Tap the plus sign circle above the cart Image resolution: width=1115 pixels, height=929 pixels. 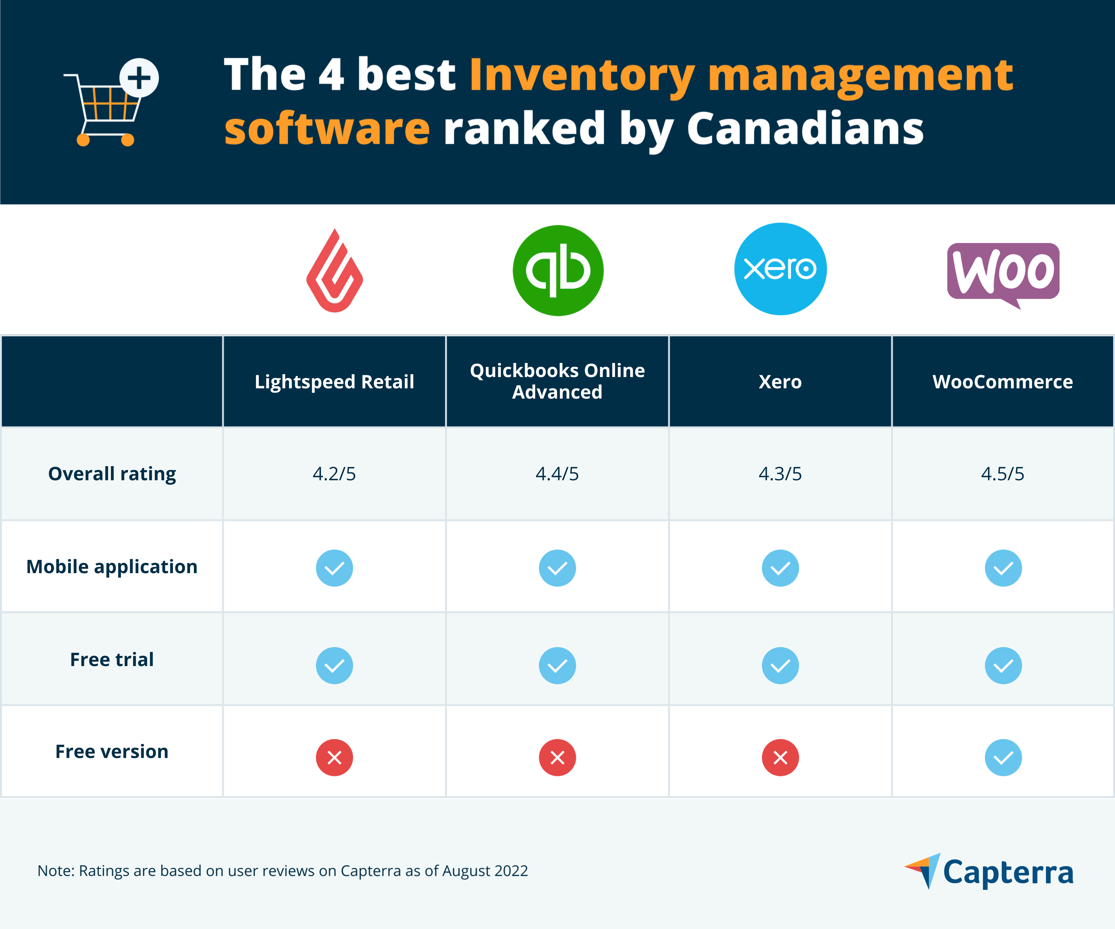coord(139,77)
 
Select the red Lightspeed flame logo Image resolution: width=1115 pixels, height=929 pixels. coord(334,271)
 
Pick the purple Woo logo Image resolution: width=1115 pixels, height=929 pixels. coord(1003,272)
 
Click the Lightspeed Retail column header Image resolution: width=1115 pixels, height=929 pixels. coord(334,382)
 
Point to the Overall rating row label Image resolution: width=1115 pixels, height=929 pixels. coord(112,474)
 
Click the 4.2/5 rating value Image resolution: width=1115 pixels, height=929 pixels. coord(334,474)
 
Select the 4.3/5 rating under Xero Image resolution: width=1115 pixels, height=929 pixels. coord(780,474)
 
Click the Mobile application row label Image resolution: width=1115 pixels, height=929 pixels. coord(112,567)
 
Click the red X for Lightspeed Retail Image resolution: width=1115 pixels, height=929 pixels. coord(334,758)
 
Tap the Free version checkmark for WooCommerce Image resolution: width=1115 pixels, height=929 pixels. coord(1003,758)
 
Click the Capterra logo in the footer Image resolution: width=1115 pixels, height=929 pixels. coord(989,872)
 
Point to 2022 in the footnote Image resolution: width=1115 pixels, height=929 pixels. coord(511,871)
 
